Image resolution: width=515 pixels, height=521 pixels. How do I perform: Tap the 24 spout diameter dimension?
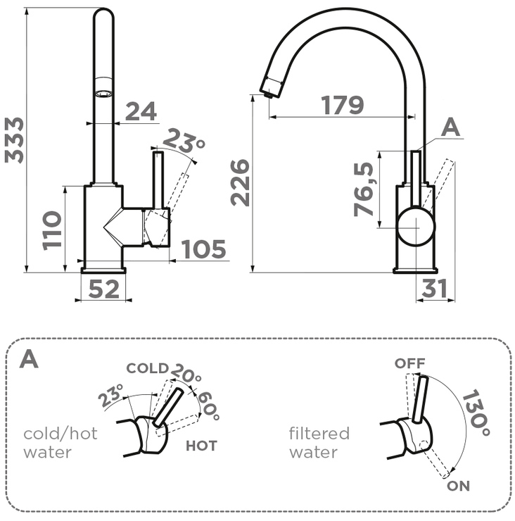point(141,111)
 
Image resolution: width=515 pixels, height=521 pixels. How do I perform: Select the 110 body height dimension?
point(52,230)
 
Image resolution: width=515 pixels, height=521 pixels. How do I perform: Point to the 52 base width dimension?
point(103,289)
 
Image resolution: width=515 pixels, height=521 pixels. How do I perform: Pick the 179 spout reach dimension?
point(343,105)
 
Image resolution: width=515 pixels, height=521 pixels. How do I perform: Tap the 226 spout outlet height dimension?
point(241,182)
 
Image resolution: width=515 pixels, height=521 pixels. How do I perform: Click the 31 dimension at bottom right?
point(435,288)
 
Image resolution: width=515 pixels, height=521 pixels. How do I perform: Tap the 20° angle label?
point(184,374)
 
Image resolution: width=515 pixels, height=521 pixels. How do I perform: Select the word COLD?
point(147,368)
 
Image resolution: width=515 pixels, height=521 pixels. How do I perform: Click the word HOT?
point(201,446)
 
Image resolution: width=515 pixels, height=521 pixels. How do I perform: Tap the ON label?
point(459,486)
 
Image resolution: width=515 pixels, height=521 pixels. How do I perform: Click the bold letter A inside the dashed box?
point(29,359)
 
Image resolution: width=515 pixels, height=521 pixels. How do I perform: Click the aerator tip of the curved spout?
point(269,88)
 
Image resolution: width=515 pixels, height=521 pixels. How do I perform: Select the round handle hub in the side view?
point(416,227)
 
